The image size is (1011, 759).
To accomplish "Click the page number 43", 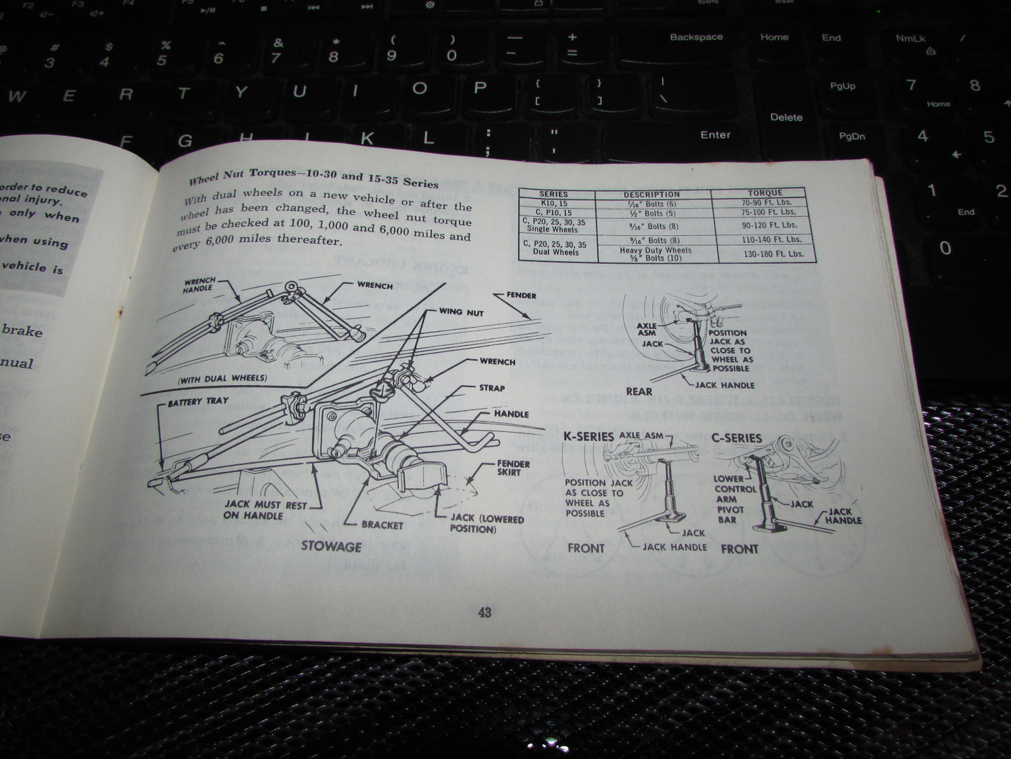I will (484, 613).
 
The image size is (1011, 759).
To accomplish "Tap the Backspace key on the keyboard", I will (695, 37).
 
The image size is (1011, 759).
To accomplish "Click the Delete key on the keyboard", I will (786, 117).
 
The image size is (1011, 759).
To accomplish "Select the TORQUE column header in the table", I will (764, 193).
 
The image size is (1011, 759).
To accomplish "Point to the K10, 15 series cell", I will (553, 202).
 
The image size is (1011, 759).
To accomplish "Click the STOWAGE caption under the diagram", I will (331, 546).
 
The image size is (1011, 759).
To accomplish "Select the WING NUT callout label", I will (460, 312).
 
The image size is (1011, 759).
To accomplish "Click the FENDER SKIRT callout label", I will (513, 468).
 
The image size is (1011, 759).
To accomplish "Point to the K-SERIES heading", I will (588, 437).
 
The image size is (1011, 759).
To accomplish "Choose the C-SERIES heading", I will (736, 438).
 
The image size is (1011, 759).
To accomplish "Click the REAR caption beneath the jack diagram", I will (638, 392).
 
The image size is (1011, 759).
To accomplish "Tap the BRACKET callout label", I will (382, 524).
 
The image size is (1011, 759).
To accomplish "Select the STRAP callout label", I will (491, 388).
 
